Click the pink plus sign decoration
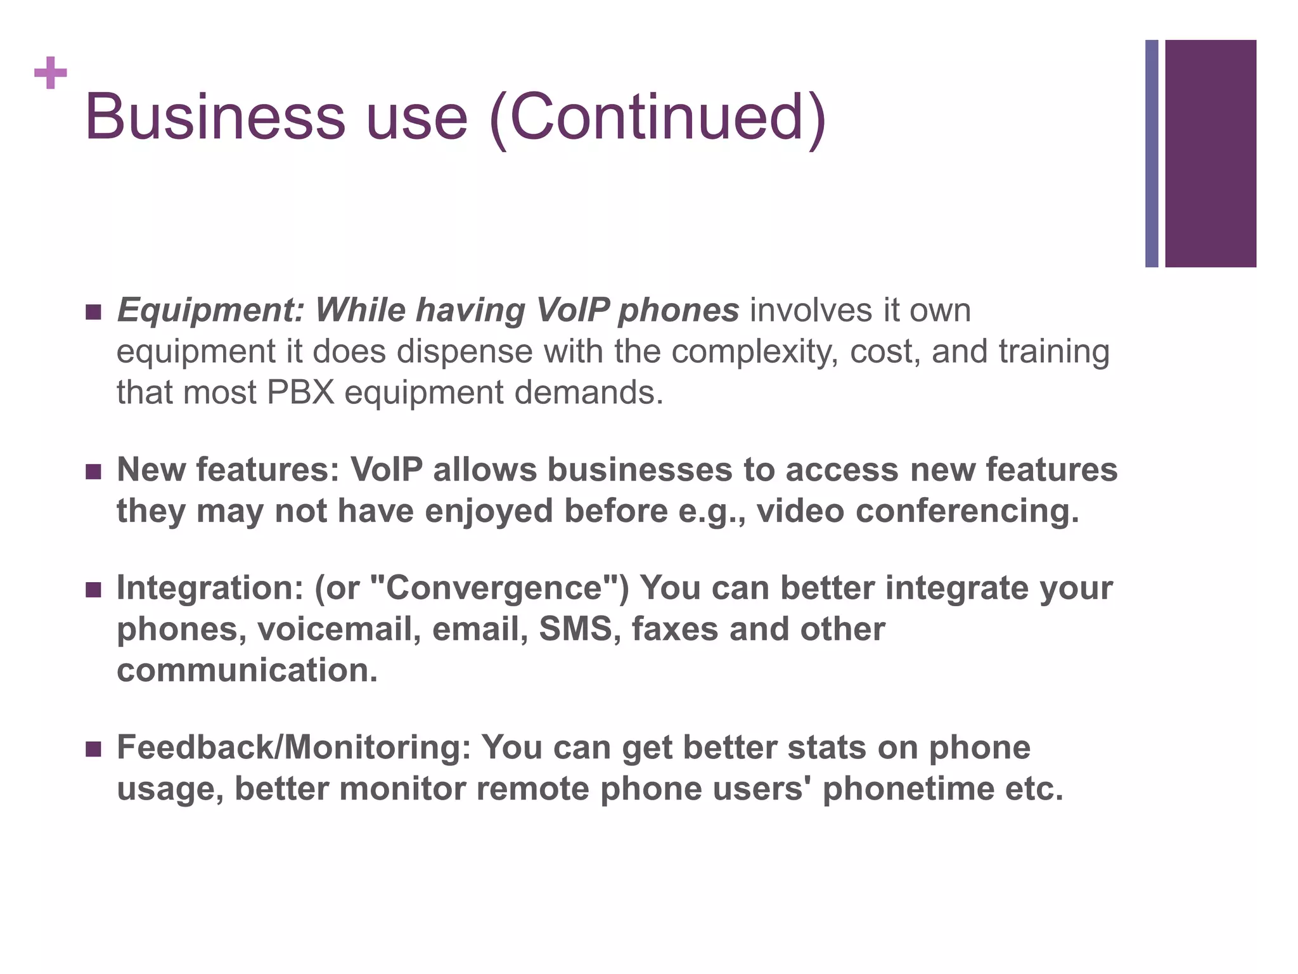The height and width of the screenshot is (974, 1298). coord(51,73)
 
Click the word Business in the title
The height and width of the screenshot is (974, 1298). coord(215,117)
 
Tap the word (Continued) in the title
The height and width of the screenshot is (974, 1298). coord(659,119)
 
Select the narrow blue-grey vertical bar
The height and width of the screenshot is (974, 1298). coord(1152,153)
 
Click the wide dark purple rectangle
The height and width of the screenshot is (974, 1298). coord(1211,153)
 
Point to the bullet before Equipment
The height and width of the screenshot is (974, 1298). coord(93,312)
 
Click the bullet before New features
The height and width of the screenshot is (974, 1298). coord(93,472)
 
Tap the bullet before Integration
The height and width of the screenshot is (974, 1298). coord(93,590)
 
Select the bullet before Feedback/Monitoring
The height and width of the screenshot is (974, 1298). coord(93,750)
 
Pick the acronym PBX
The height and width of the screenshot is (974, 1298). coord(300,393)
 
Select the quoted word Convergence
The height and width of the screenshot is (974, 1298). coord(494,588)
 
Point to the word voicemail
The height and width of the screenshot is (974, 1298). coord(339,629)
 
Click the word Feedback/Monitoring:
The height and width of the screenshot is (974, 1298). coord(293,748)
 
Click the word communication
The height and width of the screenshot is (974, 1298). coord(247,671)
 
